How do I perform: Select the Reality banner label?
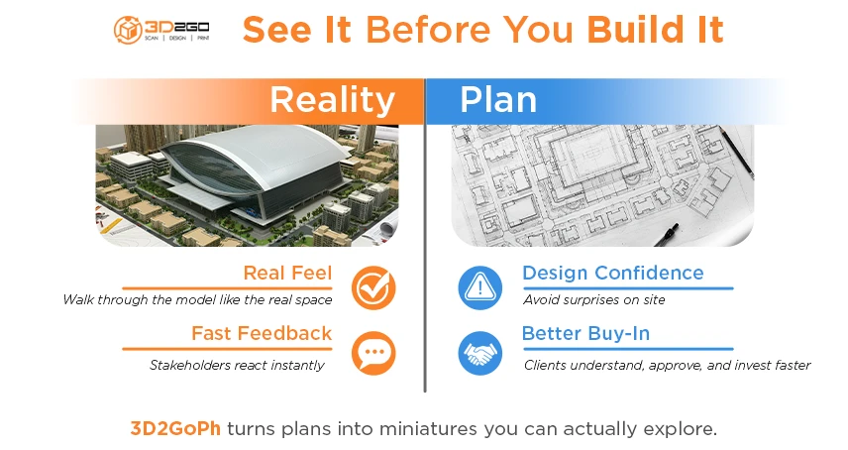coord(332,100)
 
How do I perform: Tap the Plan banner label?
coord(498,100)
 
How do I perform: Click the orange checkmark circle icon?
coord(373,287)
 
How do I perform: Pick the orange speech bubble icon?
coord(373,353)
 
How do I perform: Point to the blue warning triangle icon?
coord(480,287)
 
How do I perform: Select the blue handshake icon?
coord(480,353)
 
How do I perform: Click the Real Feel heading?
coord(287,273)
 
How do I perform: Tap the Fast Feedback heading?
coord(262,333)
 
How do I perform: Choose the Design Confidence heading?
coord(612,273)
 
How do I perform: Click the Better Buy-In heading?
coord(585,333)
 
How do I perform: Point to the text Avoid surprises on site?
coord(594,299)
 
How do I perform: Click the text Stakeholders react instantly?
coord(237,365)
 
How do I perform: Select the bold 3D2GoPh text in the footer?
coord(175,428)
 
